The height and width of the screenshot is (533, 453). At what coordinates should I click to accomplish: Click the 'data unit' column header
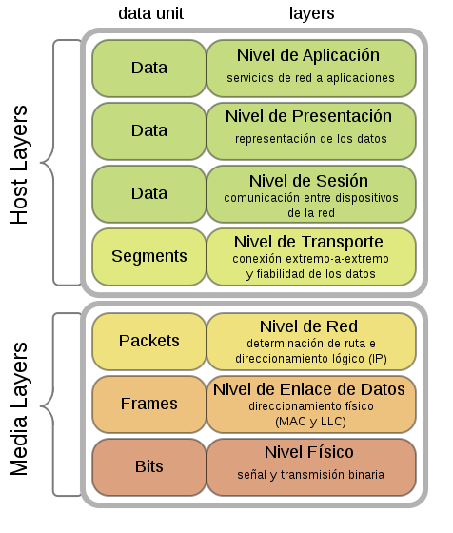click(x=150, y=13)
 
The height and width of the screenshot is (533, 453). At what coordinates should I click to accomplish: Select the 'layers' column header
click(x=311, y=13)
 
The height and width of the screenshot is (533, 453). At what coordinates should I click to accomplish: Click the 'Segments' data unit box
click(x=149, y=256)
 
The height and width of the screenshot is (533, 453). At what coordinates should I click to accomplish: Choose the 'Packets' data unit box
click(x=149, y=341)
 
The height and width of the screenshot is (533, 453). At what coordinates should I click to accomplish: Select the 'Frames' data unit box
click(x=149, y=404)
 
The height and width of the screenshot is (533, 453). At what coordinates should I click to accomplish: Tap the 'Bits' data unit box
click(x=149, y=466)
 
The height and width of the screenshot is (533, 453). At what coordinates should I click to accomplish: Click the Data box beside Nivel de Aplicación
click(x=149, y=68)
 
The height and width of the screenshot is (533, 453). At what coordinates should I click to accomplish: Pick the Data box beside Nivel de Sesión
click(x=149, y=193)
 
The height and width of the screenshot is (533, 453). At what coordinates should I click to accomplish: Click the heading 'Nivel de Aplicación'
click(x=308, y=55)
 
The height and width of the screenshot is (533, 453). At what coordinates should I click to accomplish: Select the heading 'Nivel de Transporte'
click(x=308, y=241)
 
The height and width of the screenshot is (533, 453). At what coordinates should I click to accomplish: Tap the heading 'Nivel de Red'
click(x=308, y=326)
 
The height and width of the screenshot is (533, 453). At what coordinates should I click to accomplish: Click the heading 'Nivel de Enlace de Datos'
click(x=309, y=389)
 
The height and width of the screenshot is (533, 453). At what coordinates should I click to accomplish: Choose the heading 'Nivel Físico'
click(x=308, y=452)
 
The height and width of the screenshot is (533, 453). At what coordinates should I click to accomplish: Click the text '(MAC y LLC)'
click(x=308, y=421)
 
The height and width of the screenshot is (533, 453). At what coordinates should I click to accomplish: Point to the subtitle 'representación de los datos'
click(x=308, y=139)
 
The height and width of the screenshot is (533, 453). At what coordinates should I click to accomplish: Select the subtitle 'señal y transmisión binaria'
click(x=308, y=474)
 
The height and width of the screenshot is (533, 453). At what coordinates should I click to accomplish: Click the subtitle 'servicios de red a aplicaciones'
click(x=310, y=77)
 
